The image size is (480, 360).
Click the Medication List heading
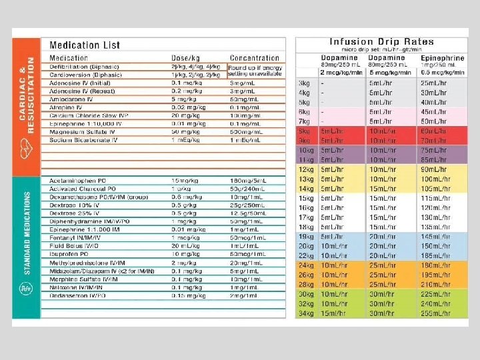(85, 45)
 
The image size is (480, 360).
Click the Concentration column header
(254, 58)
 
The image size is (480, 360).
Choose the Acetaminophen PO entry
(77, 181)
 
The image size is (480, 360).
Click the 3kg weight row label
(303, 83)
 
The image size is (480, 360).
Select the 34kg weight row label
(305, 314)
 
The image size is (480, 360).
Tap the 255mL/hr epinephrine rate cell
(434, 314)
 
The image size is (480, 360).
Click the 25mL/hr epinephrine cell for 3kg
(433, 83)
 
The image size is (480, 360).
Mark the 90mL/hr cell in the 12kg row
(433, 169)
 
